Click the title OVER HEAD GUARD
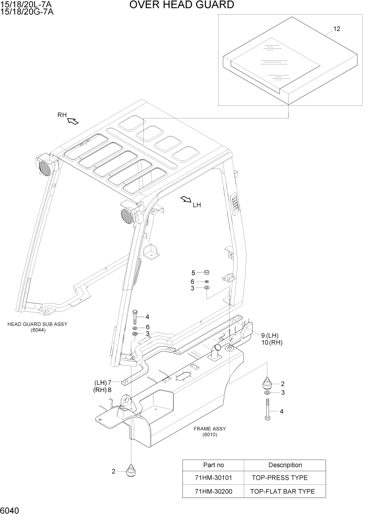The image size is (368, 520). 181,5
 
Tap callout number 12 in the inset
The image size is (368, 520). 337,29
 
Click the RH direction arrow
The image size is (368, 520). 73,121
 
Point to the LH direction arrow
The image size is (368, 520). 186,200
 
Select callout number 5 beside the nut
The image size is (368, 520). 193,273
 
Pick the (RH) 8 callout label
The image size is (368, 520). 103,390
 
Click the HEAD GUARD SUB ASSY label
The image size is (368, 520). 37,324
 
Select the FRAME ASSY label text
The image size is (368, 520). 209,428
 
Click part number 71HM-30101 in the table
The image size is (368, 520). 213,478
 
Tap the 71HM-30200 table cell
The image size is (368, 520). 213,491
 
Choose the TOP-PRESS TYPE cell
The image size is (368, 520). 279,478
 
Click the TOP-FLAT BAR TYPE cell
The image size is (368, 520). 283,491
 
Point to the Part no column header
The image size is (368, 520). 213,465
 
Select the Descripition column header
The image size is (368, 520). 285,465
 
